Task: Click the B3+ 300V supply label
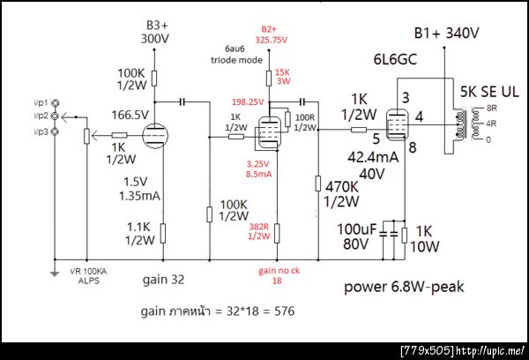point(154,34)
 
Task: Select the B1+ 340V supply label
point(446,34)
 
